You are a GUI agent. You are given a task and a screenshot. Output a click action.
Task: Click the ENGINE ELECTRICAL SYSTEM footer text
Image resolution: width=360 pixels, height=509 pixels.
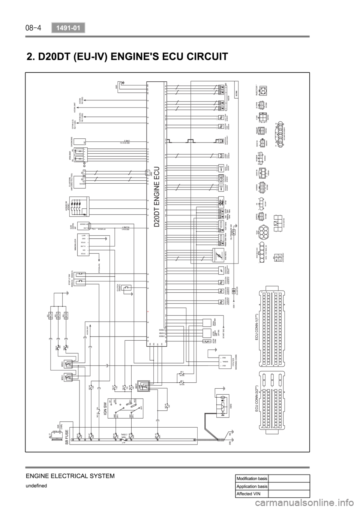tap(59, 476)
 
